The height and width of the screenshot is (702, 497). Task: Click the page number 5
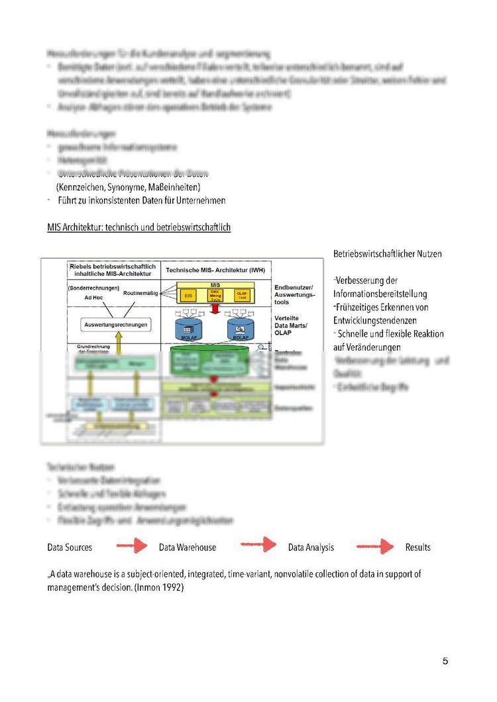pyautogui.click(x=445, y=661)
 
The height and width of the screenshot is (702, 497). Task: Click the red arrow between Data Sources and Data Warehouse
pyautogui.click(x=131, y=547)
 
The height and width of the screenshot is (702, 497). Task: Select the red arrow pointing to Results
pyautogui.click(x=375, y=547)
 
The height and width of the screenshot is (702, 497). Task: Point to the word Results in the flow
pyautogui.click(x=417, y=548)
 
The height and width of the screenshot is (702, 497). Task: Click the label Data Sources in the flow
pyautogui.click(x=70, y=548)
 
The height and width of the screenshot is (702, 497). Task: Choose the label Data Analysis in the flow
pyautogui.click(x=311, y=548)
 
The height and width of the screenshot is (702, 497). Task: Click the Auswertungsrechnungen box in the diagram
pyautogui.click(x=117, y=325)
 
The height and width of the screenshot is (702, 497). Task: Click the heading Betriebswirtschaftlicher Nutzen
pyautogui.click(x=388, y=254)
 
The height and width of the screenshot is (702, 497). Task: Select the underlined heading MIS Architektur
pyautogui.click(x=138, y=227)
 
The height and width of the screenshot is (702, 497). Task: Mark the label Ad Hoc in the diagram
pyautogui.click(x=94, y=298)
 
